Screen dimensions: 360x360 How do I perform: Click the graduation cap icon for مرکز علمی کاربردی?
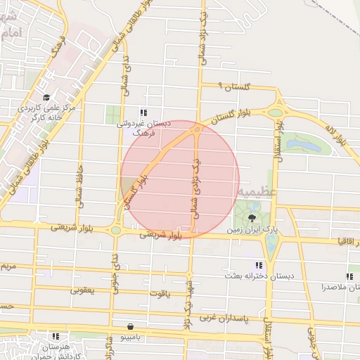click(46, 98)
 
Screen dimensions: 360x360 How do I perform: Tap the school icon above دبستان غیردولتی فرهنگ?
click(143, 112)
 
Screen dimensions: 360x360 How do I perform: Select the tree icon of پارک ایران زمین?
click(252, 219)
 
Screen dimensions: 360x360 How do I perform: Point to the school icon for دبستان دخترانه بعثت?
click(259, 265)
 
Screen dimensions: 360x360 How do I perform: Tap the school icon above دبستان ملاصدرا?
click(349, 276)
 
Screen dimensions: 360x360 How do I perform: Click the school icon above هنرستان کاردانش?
click(56, 336)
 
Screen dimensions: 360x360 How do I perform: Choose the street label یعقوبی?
click(82, 288)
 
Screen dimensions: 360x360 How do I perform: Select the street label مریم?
click(8, 267)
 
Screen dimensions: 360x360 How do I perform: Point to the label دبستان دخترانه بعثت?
click(259, 276)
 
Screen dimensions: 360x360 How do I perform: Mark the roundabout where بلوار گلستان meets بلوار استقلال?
click(275, 112)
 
